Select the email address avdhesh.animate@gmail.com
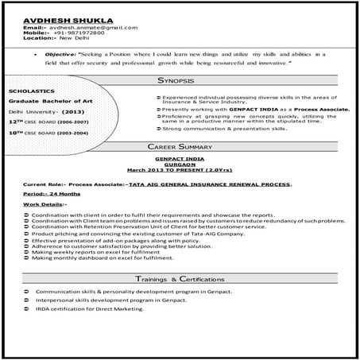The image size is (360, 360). coord(88,26)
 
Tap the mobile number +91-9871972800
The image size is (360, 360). coord(76,33)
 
